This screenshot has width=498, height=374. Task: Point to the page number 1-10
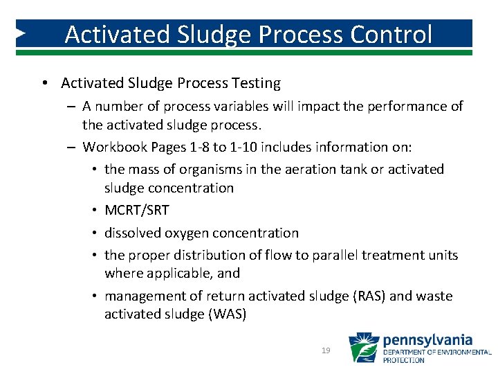pyautogui.click(x=234, y=147)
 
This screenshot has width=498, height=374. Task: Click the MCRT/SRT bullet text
pyautogui.click(x=136, y=211)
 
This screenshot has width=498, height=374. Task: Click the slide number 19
pyautogui.click(x=326, y=351)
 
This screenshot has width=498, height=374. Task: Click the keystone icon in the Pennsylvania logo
pyautogui.click(x=363, y=348)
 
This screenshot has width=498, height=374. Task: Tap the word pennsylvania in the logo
pyautogui.click(x=427, y=340)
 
